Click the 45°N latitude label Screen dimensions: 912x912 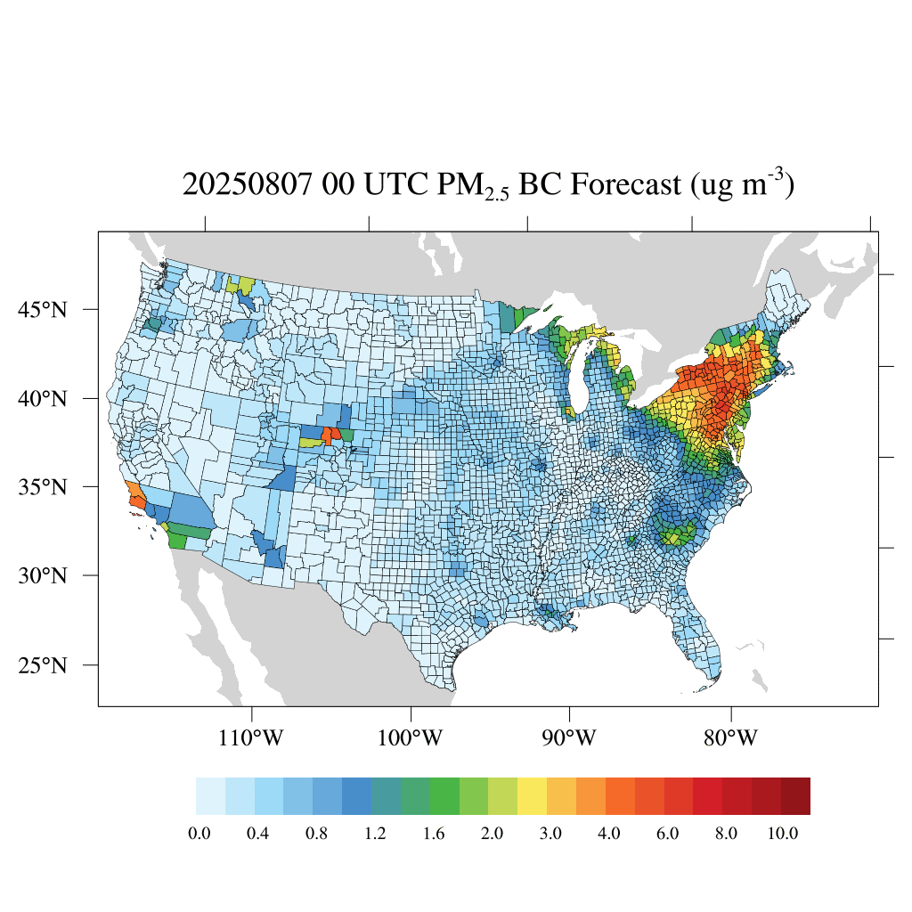[43, 310]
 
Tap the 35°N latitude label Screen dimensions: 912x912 [43, 487]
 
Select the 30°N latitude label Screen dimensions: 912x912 [43, 575]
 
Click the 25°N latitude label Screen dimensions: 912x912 [43, 665]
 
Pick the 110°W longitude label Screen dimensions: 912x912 [252, 738]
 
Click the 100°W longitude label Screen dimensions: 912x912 [411, 738]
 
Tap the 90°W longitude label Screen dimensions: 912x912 [570, 738]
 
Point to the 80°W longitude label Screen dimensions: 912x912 [730, 738]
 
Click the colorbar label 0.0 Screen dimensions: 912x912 [199, 834]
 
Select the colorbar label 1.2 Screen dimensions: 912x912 [374, 834]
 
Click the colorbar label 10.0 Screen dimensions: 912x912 [784, 834]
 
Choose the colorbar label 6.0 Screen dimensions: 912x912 [667, 834]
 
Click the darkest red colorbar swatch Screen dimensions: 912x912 [795, 796]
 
